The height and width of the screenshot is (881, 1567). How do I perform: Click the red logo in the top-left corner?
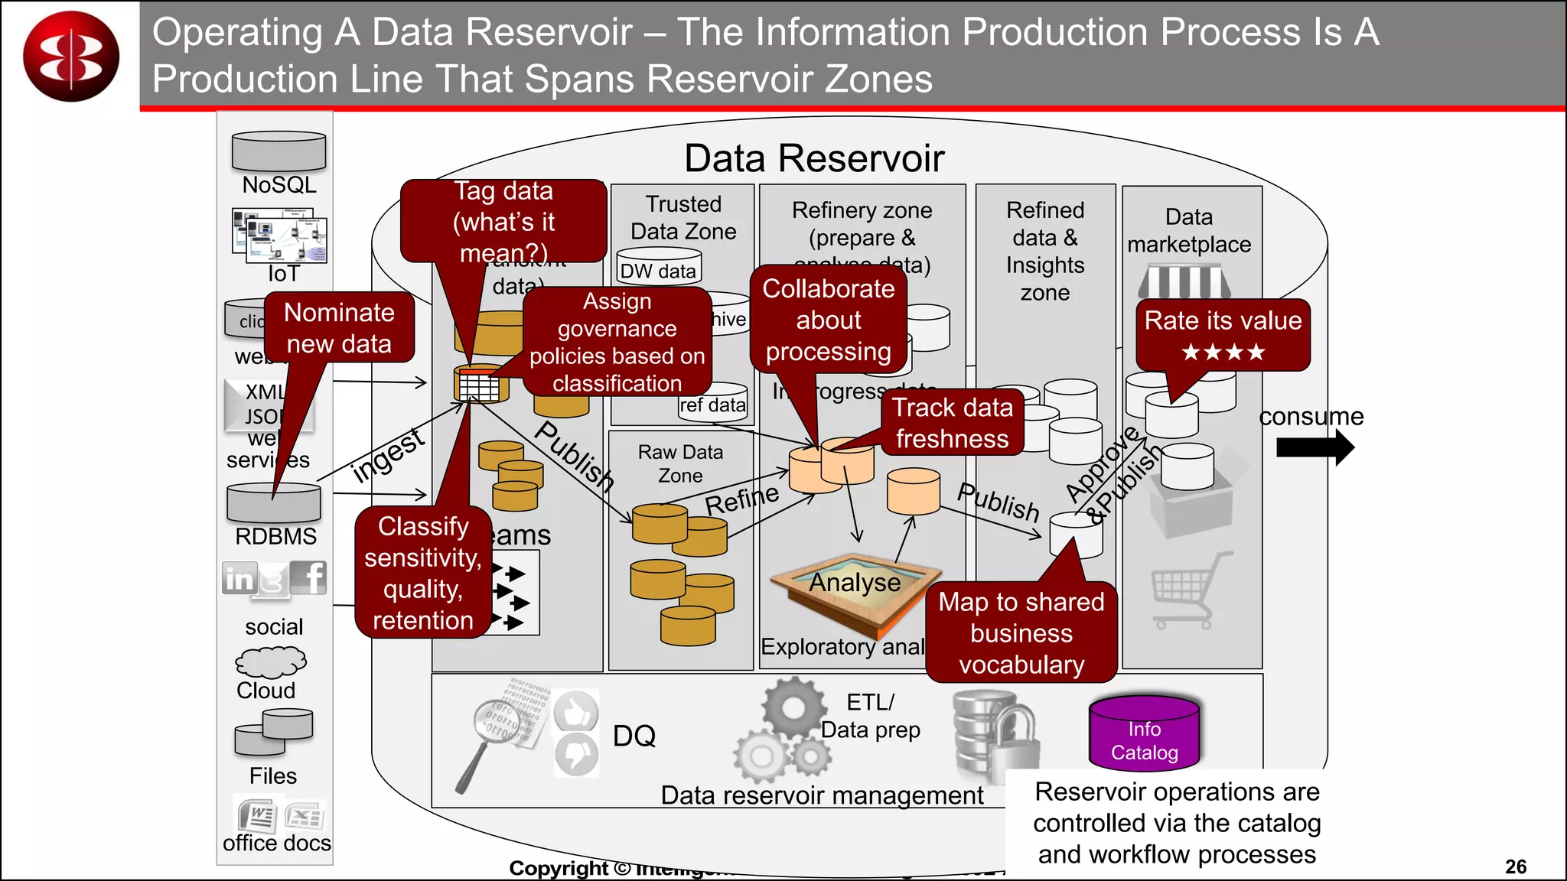click(x=71, y=56)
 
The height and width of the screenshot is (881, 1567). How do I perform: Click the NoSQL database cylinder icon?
click(x=279, y=151)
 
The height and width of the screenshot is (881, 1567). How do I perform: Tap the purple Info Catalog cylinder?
click(x=1144, y=733)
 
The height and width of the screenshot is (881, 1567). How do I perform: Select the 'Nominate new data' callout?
click(x=339, y=327)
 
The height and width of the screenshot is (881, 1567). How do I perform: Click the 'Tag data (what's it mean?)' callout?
click(x=503, y=221)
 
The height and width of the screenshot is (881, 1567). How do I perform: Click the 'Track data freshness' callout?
click(x=952, y=422)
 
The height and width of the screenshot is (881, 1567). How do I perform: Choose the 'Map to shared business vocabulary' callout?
click(x=1021, y=632)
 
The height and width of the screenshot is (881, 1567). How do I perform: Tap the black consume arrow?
click(x=1315, y=447)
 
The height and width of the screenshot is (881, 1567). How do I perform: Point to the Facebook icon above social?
click(x=312, y=577)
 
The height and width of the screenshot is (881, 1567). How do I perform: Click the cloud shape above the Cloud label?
click(x=270, y=662)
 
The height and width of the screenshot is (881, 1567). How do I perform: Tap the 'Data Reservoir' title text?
click(x=813, y=158)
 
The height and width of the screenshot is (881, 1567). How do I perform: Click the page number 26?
click(x=1515, y=866)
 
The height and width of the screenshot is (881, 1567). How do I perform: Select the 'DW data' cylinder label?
click(x=658, y=271)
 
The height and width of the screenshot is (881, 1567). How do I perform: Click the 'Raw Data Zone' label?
click(x=680, y=463)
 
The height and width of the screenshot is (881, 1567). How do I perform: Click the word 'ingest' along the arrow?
click(x=387, y=457)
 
